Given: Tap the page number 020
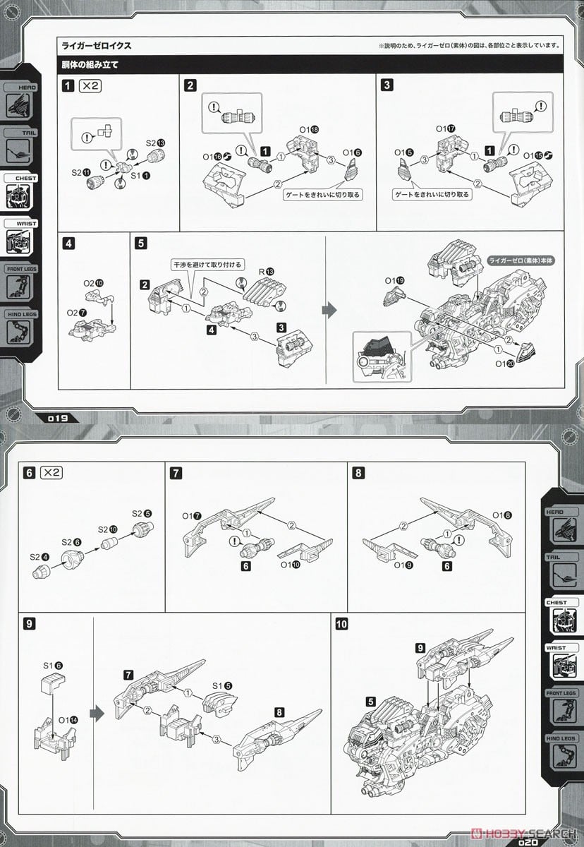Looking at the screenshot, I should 528,841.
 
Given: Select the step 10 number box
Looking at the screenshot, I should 341,624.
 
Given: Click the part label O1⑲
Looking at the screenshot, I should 395,281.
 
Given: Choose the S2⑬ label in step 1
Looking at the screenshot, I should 155,143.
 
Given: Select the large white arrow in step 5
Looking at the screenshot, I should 329,309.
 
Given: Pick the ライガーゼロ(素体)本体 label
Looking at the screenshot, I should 518,260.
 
